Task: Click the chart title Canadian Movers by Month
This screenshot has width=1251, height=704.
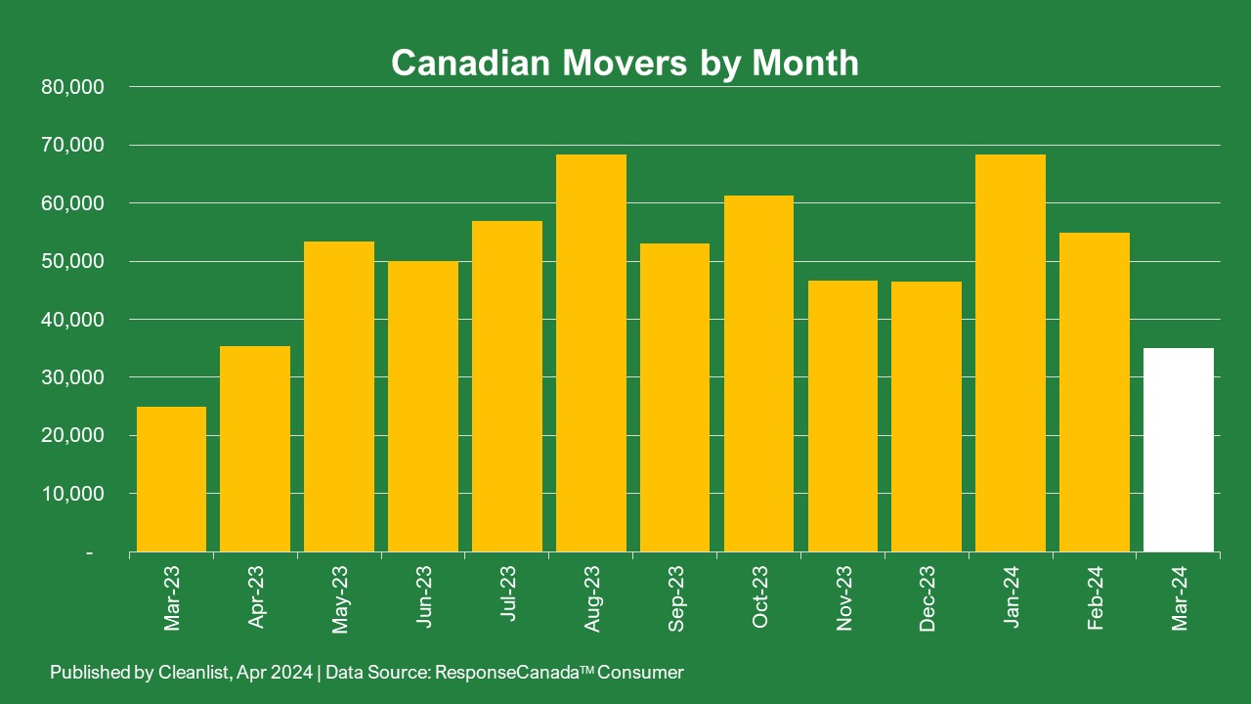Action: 625,63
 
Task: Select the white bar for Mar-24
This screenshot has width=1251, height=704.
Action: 1178,450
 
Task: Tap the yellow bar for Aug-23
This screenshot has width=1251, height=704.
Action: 591,353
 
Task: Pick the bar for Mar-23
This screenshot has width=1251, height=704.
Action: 171,479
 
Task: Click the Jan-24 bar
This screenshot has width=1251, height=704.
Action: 1011,353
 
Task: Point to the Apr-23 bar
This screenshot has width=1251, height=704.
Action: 255,449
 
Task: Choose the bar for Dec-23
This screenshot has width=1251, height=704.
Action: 927,417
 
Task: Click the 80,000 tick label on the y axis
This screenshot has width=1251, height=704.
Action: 73,87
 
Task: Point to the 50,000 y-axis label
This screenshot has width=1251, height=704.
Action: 73,261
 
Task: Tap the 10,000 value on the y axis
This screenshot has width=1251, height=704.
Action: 73,494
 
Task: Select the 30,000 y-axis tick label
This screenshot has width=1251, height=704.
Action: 73,377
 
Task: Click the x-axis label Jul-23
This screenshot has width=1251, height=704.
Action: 507,597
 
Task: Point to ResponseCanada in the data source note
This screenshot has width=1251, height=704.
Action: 509,673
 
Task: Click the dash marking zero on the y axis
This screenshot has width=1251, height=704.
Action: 90,553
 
